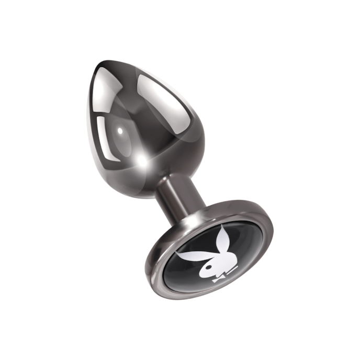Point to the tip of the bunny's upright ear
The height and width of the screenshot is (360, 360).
(x=222, y=229)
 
